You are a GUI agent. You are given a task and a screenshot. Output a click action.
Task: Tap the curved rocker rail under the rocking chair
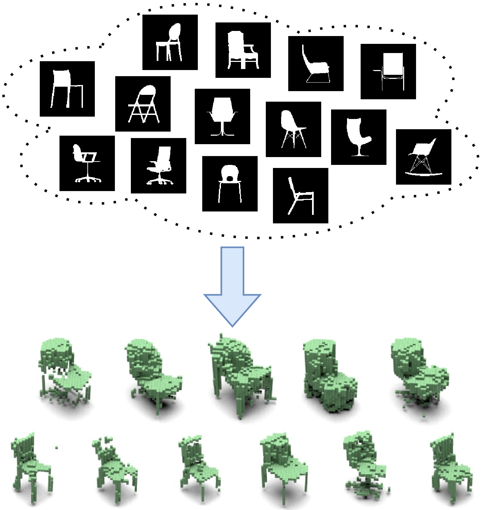(424, 174)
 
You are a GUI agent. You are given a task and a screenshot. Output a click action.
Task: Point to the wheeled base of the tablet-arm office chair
(88, 179)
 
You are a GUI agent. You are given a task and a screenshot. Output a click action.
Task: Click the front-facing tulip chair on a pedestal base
(222, 116)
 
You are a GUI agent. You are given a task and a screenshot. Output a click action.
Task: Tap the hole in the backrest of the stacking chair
(230, 178)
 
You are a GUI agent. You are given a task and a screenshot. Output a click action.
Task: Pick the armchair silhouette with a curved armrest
(242, 50)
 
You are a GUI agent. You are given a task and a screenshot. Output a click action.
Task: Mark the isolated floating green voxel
(56, 447)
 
